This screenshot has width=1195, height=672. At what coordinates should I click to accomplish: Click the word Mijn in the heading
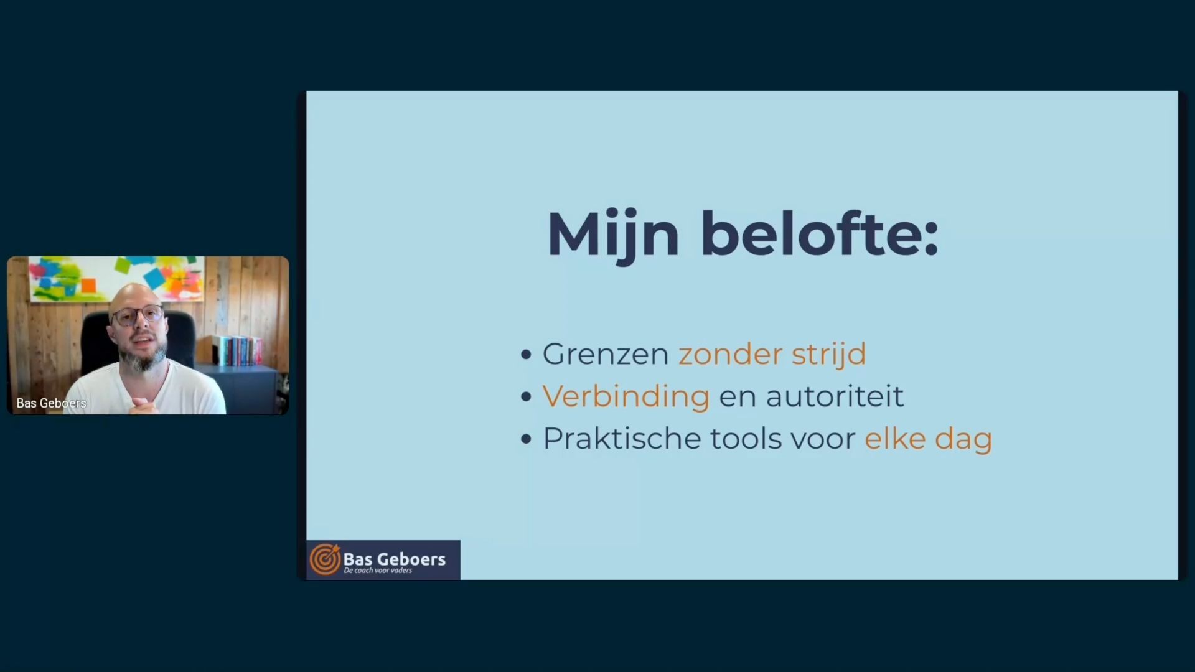(612, 235)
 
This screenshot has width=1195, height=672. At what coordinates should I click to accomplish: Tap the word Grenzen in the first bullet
(606, 354)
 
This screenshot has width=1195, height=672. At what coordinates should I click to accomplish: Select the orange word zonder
(730, 354)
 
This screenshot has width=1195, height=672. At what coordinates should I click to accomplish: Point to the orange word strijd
(828, 354)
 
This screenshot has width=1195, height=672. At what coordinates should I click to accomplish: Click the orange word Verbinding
(626, 397)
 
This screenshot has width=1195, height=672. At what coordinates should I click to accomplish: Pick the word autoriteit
(834, 396)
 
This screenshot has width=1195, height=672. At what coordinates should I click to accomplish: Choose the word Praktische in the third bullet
(622, 438)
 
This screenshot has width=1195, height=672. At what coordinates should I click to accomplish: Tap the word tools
(746, 438)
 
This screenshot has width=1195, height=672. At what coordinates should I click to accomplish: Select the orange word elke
(895, 438)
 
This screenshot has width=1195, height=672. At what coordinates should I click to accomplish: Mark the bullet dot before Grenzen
(527, 355)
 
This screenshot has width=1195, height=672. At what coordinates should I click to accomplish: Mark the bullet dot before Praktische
(527, 439)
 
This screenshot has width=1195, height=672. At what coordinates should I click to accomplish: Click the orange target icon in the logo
(325, 559)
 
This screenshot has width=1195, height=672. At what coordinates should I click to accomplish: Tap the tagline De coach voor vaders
(378, 571)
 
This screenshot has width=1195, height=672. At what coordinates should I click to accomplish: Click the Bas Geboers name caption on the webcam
(51, 403)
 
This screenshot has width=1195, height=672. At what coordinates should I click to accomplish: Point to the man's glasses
(138, 315)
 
